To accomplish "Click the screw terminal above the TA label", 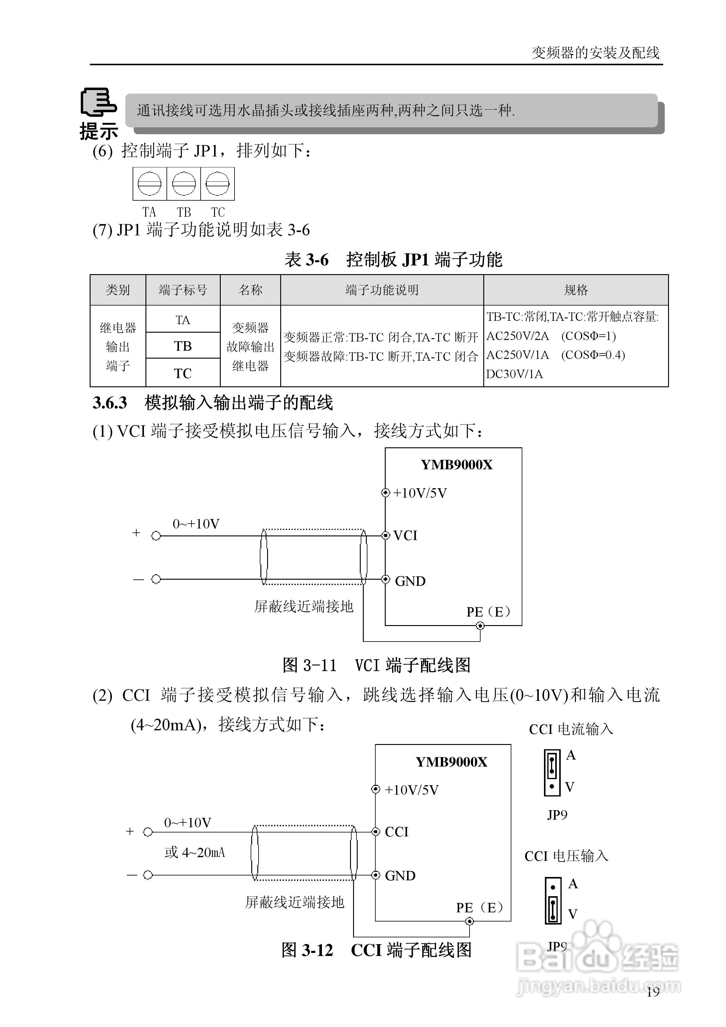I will pyautogui.click(x=149, y=183).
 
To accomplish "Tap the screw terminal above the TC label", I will pyautogui.click(x=218, y=183).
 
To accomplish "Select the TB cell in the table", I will pyautogui.click(x=183, y=346).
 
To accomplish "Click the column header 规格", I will pyautogui.click(x=576, y=290).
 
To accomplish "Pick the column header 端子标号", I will pyautogui.click(x=183, y=290).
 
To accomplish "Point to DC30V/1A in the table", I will pyautogui.click(x=514, y=374).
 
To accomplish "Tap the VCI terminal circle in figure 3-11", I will pyautogui.click(x=386, y=535).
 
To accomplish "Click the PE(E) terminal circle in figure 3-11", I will pyautogui.click(x=480, y=626).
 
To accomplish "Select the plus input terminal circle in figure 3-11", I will pyautogui.click(x=156, y=536).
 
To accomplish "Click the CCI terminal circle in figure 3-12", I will pyautogui.click(x=376, y=832).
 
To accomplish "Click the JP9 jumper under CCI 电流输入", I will pyautogui.click(x=552, y=772).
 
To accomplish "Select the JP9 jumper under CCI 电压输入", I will pyautogui.click(x=553, y=901).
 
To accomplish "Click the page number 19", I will pyautogui.click(x=653, y=992).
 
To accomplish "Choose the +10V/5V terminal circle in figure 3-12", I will pyautogui.click(x=376, y=789).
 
